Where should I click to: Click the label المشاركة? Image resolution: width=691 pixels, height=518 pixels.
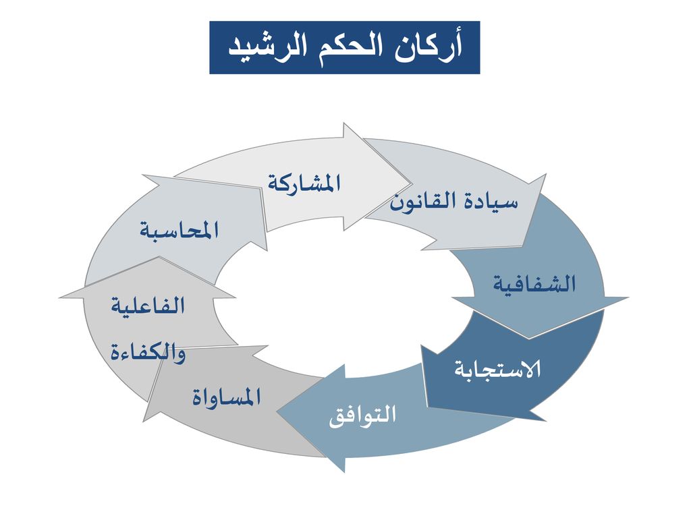(x=304, y=183)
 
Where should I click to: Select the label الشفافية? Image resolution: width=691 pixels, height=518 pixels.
(x=534, y=284)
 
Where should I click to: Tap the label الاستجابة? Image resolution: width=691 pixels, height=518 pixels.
(x=497, y=369)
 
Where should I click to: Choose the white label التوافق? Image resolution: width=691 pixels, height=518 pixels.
(x=362, y=415)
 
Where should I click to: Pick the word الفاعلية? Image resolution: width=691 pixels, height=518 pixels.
(x=148, y=306)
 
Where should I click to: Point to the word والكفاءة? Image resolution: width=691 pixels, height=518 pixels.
(x=148, y=352)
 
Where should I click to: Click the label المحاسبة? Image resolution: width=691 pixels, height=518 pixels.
(x=179, y=230)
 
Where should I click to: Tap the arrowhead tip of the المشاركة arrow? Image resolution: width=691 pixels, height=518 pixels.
(x=412, y=183)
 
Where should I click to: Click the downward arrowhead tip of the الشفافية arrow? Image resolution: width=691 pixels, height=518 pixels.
(x=529, y=339)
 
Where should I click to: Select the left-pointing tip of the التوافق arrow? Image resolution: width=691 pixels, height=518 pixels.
(x=277, y=412)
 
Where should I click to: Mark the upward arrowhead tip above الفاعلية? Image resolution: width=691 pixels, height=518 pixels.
(x=159, y=257)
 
